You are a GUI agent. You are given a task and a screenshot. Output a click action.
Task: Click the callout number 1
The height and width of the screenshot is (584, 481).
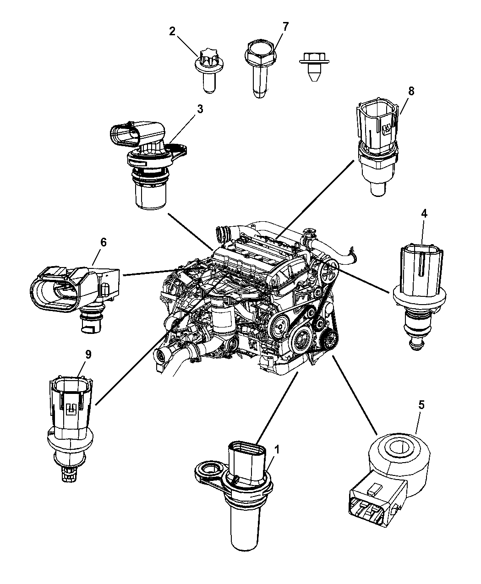(276, 450)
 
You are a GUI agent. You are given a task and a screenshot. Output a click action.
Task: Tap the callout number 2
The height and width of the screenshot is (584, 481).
(172, 32)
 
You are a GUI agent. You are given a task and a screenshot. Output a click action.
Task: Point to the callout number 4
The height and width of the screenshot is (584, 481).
(424, 213)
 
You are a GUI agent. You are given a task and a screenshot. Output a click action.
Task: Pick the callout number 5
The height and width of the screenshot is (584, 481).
(421, 404)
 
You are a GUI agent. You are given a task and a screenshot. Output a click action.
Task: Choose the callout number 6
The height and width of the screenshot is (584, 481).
(103, 242)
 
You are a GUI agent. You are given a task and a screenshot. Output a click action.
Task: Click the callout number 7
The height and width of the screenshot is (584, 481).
(285, 27)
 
